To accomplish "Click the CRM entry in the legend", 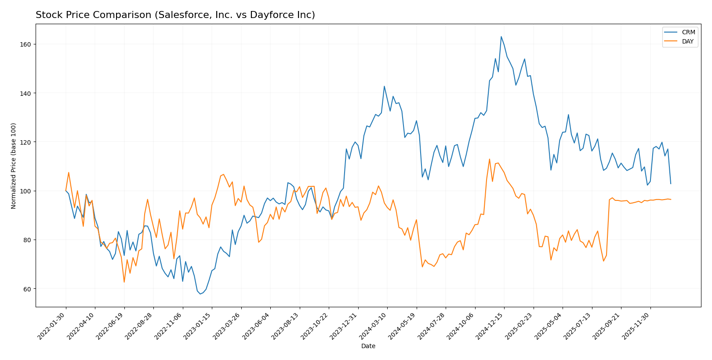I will coord(688,33).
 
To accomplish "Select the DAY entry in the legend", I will coord(688,42).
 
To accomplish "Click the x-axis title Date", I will coord(368,346).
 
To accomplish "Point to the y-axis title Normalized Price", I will coord(14,166).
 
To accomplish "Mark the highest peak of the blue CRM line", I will coord(501,36).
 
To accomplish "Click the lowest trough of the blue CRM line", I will coord(200,294).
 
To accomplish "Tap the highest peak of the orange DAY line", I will coord(489,159).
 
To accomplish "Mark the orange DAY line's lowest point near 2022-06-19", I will coord(124,282).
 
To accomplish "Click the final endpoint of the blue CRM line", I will coord(671,184).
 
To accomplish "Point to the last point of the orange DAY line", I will coord(671,200).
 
